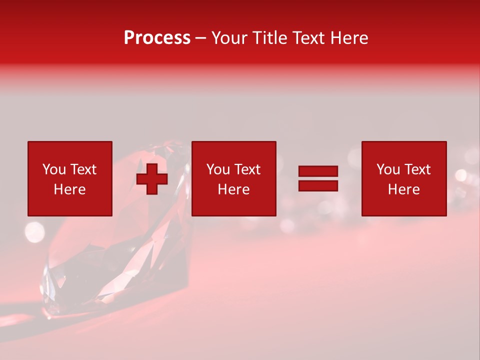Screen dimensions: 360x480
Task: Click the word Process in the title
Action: click(157, 38)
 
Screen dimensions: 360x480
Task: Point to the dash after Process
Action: click(201, 38)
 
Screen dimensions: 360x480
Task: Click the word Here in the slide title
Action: click(348, 38)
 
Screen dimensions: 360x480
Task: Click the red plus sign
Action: click(152, 178)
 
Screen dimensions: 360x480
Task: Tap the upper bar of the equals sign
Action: click(318, 171)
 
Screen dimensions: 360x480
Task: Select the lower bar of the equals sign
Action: click(318, 185)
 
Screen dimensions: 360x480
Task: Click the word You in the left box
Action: click(54, 169)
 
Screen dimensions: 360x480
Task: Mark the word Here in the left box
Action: click(69, 189)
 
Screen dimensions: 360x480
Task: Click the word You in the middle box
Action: click(218, 169)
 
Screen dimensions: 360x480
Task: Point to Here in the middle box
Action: click(233, 189)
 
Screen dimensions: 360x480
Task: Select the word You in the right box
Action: click(388, 169)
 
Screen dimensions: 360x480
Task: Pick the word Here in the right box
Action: click(403, 189)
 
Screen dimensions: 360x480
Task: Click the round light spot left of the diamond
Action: click(34, 231)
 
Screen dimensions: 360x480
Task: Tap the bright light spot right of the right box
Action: click(460, 175)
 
